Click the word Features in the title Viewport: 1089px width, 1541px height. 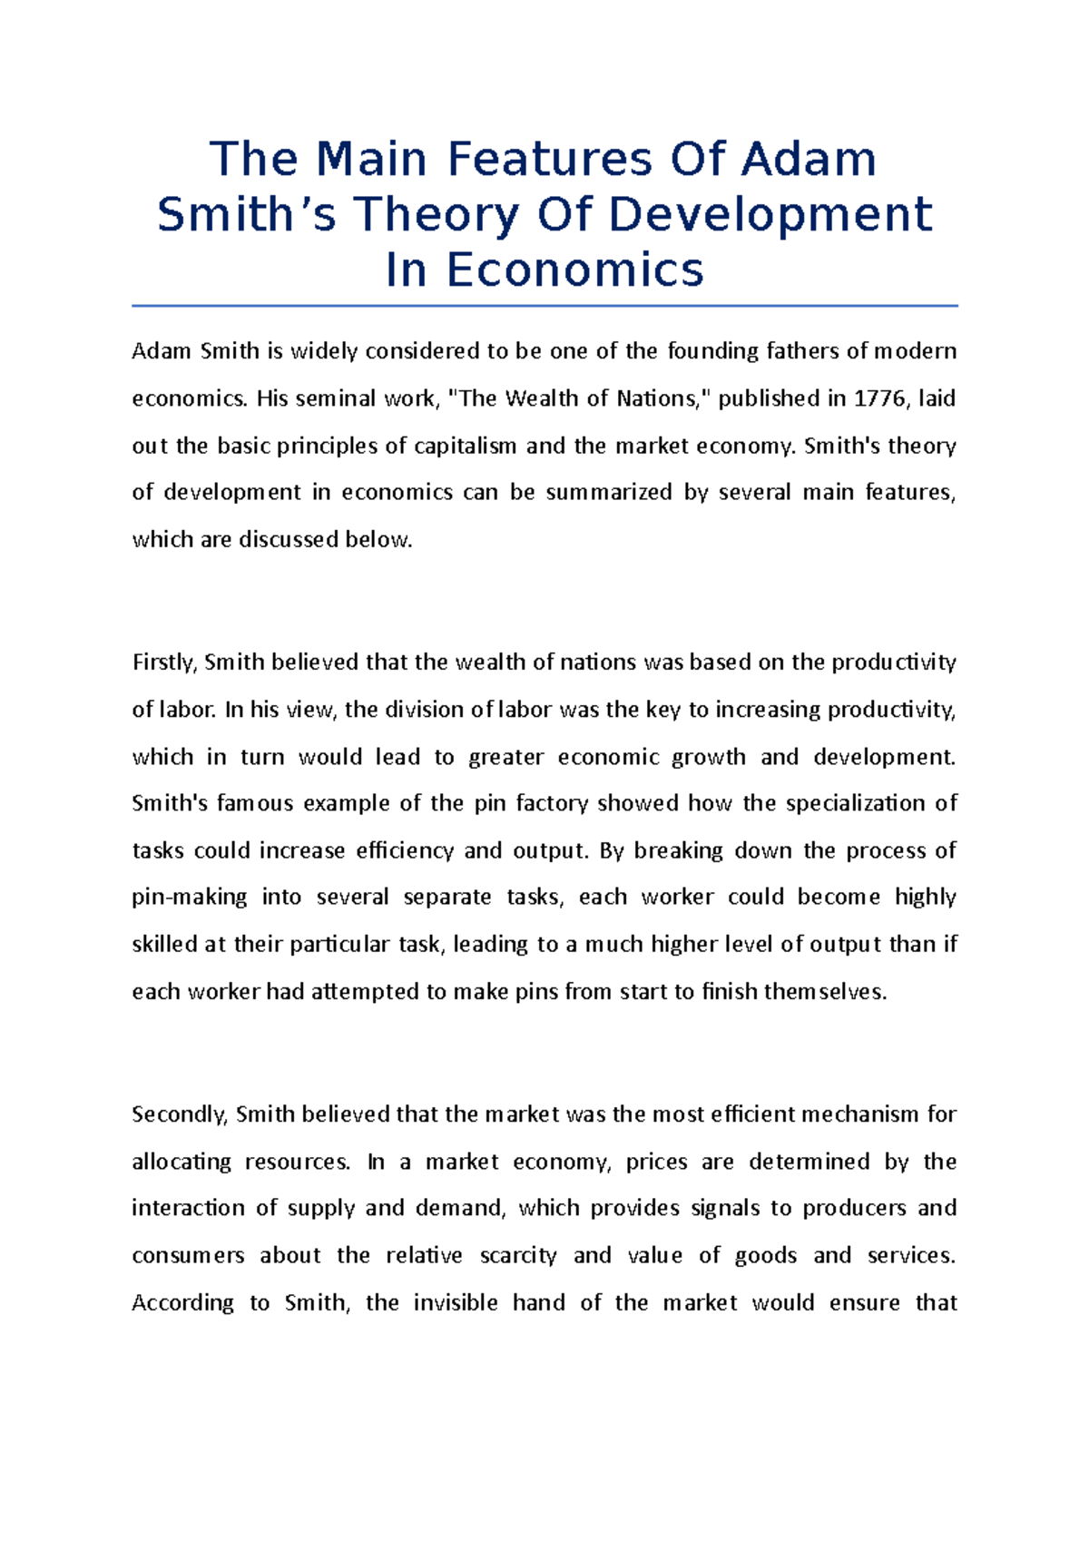point(549,159)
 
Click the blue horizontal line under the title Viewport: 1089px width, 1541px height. point(544,306)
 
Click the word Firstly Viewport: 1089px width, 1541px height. point(164,663)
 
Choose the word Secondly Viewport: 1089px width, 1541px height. point(179,1114)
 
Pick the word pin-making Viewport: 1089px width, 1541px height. point(189,897)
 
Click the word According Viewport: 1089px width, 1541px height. point(183,1303)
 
